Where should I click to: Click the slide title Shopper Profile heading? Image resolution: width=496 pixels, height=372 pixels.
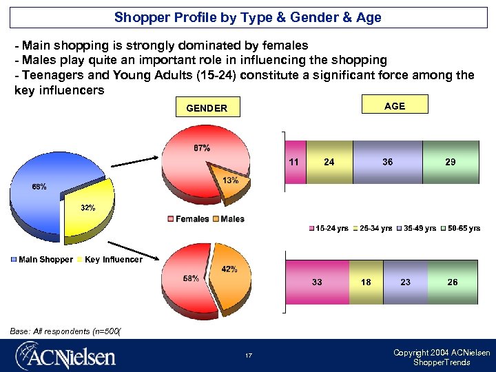coord(248,17)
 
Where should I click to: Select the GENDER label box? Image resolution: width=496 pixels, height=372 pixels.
coord(207,108)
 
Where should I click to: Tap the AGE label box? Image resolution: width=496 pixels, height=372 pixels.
coord(395,105)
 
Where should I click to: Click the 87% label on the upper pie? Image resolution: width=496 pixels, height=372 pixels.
coord(202,148)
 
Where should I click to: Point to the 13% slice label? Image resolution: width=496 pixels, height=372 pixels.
coord(231,180)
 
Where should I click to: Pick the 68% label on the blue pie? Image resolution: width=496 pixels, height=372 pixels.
coord(39,187)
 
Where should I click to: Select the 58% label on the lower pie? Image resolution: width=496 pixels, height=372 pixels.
coord(191,278)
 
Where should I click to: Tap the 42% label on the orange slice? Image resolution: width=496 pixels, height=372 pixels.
coord(229,269)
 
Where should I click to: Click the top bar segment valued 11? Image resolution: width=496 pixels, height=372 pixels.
coord(295,162)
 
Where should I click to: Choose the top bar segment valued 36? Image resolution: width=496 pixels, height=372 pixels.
coord(387,162)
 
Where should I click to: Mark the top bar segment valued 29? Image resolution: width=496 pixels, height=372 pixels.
coord(450,162)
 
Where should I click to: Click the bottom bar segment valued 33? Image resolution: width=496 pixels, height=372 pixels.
coord(317,282)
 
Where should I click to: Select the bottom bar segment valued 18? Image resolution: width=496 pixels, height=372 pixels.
coord(366,282)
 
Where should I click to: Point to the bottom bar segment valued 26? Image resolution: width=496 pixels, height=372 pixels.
coord(452,282)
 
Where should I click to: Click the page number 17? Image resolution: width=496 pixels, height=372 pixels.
coord(248,356)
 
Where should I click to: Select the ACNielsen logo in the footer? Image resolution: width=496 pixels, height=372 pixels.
coord(66,356)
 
